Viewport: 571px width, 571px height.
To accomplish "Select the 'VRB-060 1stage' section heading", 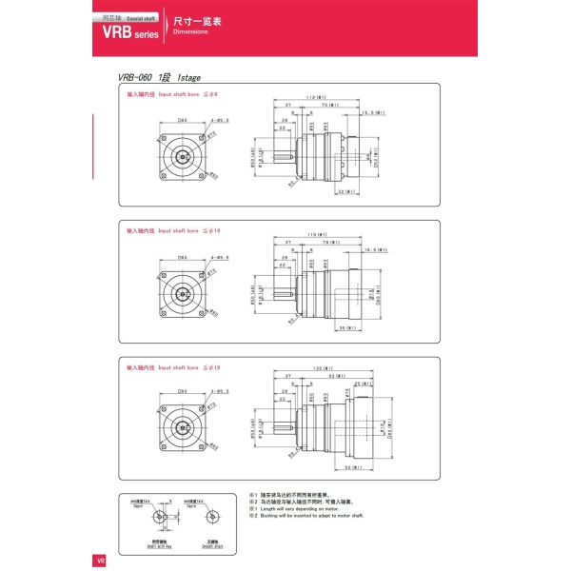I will pos(159,79).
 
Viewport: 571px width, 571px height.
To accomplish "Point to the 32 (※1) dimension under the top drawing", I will pos(346,191).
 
